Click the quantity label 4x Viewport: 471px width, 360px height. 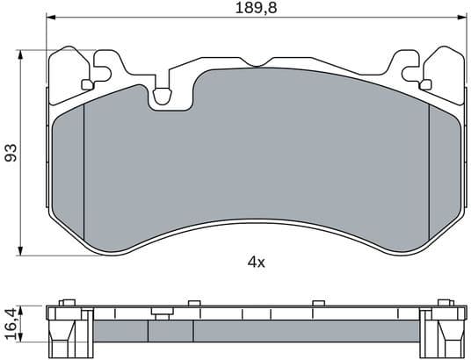click(x=256, y=261)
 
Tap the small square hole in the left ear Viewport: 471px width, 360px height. click(x=86, y=84)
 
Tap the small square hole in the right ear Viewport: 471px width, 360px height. click(x=425, y=84)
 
